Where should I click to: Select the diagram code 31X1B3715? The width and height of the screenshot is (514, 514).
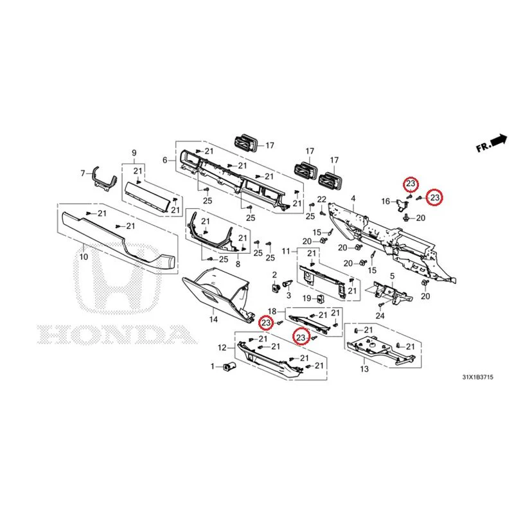click(477, 377)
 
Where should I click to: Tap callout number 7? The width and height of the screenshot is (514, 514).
click(83, 173)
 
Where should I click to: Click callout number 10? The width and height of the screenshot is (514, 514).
click(84, 256)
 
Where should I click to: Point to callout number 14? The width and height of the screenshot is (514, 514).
click(213, 319)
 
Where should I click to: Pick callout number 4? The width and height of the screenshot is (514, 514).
click(353, 199)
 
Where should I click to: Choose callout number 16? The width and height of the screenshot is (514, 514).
click(386, 201)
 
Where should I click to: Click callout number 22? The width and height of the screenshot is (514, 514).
click(322, 199)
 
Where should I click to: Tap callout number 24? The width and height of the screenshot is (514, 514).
click(380, 315)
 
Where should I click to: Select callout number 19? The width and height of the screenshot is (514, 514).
click(307, 298)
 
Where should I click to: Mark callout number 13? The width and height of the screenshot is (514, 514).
click(364, 369)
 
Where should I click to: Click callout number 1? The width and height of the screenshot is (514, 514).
click(213, 366)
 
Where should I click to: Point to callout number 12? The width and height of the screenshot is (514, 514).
click(222, 348)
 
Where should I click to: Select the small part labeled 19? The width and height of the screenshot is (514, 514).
click(320, 299)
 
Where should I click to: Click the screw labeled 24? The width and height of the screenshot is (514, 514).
click(380, 305)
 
